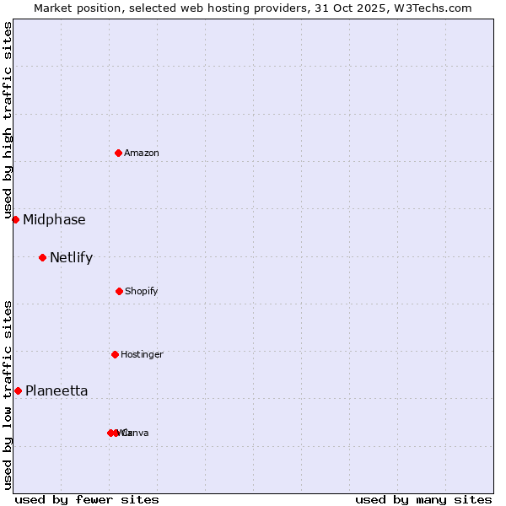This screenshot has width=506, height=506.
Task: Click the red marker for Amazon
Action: (119, 153)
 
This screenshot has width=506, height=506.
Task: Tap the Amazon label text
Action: (142, 153)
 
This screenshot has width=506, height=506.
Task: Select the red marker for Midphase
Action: (15, 219)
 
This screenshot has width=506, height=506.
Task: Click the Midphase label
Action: (54, 220)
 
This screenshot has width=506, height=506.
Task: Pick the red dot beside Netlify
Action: (42, 257)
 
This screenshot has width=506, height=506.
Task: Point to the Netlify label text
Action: (71, 258)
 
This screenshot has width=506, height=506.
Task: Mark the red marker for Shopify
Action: (119, 291)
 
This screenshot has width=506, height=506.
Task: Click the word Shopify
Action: (142, 292)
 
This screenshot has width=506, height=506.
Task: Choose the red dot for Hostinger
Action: (115, 354)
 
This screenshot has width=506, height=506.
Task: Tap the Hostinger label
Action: (142, 355)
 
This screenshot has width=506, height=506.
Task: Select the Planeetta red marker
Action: (18, 390)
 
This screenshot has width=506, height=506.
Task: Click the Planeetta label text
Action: (57, 391)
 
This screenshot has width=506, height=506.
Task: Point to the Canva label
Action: (135, 433)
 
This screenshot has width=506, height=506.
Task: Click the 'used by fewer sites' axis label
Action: (87, 500)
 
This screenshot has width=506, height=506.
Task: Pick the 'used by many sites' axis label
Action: (423, 500)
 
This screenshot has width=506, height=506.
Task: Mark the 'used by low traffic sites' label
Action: (8, 394)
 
